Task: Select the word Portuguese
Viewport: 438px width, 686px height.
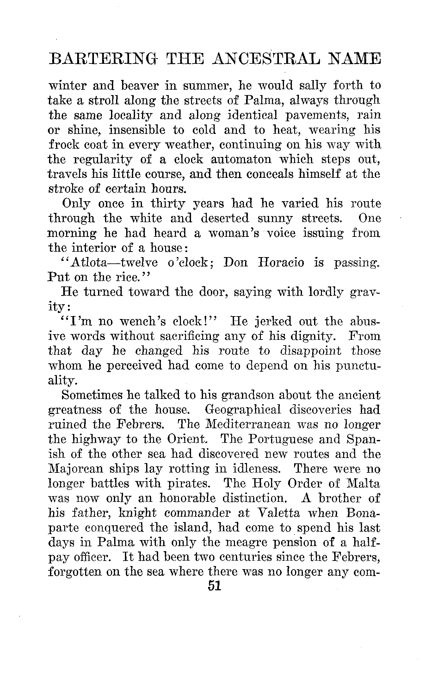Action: [274, 439]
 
